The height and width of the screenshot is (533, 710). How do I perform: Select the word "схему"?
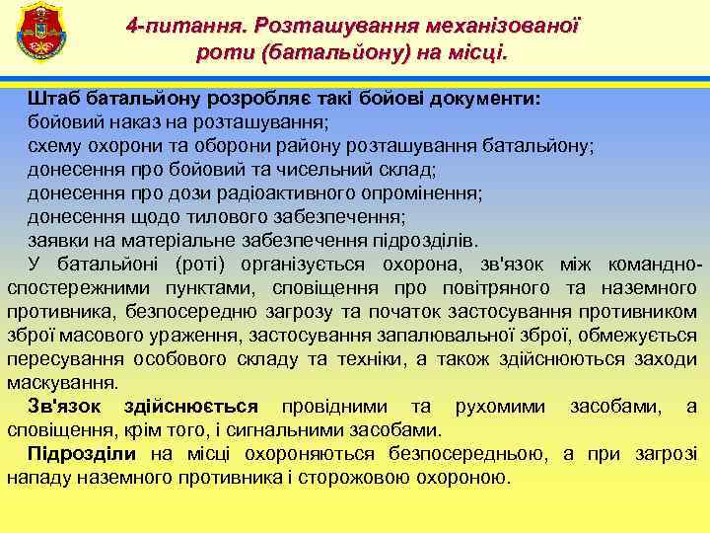click(x=54, y=146)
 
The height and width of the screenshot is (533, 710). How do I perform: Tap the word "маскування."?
click(x=63, y=383)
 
